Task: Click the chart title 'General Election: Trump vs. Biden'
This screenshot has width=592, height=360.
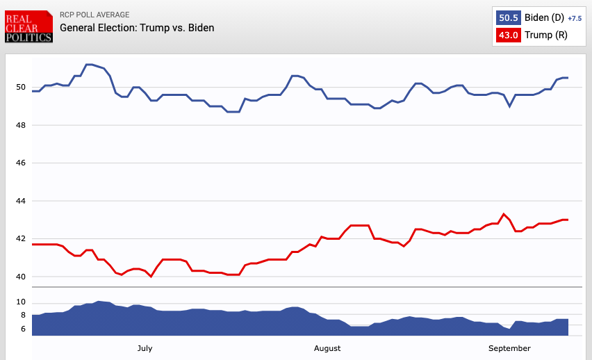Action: (137, 28)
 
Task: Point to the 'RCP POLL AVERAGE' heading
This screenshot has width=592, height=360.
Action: (94, 15)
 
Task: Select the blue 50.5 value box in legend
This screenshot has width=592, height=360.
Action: (508, 17)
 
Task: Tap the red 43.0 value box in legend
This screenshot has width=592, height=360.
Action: (508, 35)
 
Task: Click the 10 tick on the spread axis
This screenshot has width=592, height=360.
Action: (20, 302)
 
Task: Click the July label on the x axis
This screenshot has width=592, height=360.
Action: (145, 348)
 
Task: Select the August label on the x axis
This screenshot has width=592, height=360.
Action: (327, 348)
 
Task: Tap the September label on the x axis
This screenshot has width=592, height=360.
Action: (509, 348)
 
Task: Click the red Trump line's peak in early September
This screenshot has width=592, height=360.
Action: (504, 214)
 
